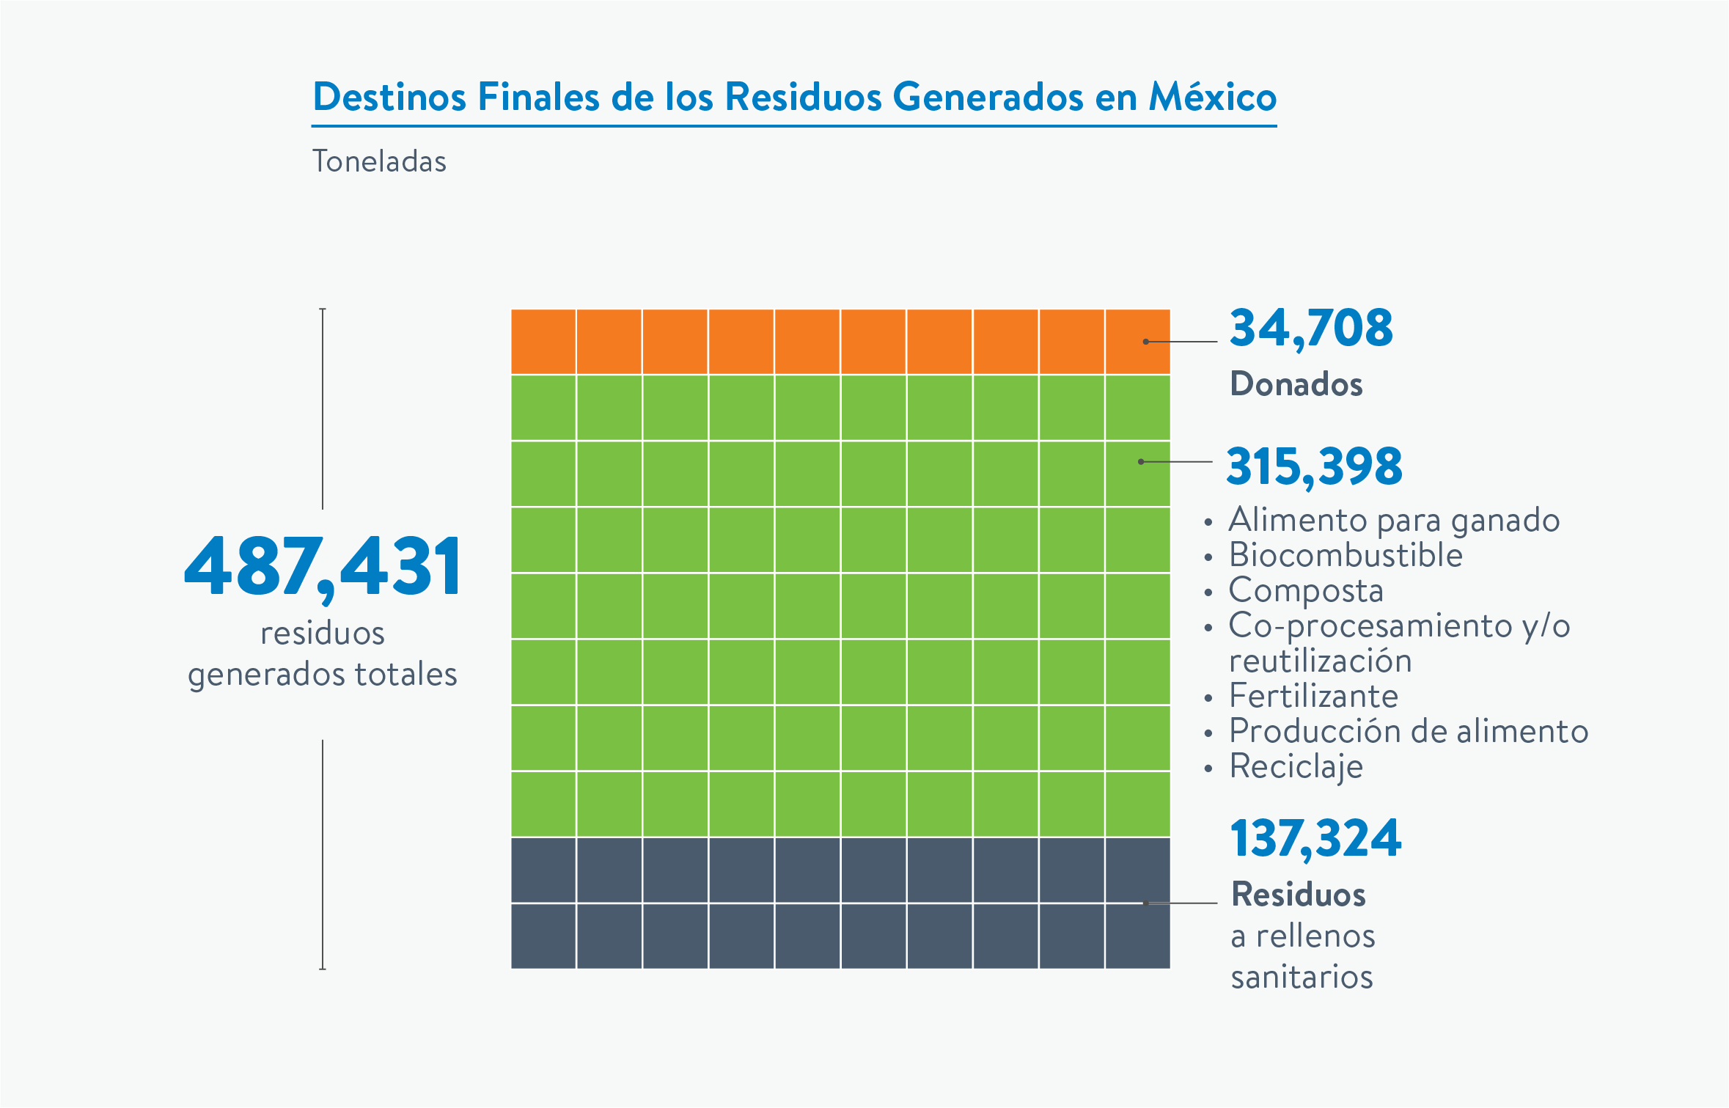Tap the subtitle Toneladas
tap(379, 161)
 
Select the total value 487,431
tap(323, 566)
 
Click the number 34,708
tap(1311, 328)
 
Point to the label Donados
tap(1296, 384)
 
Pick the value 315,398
tap(1314, 466)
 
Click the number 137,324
tap(1315, 838)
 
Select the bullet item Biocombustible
tap(1346, 555)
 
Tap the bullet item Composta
tap(1306, 590)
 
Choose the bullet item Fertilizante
tap(1313, 696)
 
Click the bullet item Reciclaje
tap(1296, 766)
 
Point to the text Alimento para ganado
tap(1394, 520)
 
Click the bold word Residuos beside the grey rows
tap(1298, 895)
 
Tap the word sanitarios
tap(1302, 977)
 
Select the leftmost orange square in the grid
tap(543, 342)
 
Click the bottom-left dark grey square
tap(543, 936)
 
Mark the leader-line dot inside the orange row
tap(1145, 342)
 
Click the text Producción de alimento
tap(1409, 731)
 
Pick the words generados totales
tap(323, 675)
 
